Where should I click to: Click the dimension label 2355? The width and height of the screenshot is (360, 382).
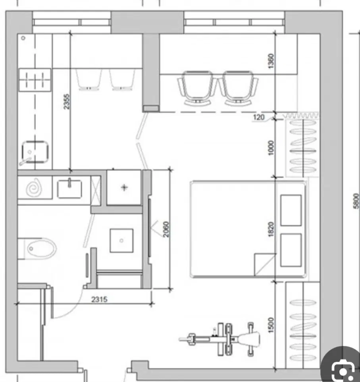pos(67,102)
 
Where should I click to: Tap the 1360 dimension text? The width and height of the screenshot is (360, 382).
pos(271,61)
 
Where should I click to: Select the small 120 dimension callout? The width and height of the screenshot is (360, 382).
pos(258,118)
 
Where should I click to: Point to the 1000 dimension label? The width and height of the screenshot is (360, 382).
pos(271,148)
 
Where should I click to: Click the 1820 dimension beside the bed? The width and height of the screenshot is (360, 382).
pos(271,229)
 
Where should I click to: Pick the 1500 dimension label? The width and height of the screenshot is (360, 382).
pos(271,325)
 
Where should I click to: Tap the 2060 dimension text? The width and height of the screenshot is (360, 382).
pos(166,229)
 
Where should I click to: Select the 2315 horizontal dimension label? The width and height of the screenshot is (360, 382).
pos(99,299)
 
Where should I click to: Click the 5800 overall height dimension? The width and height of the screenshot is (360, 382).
pos(356,201)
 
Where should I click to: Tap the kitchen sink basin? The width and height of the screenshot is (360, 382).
pos(35,152)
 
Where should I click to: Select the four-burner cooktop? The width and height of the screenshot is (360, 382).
pos(35,80)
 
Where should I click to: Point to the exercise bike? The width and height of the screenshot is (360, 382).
pos(219,339)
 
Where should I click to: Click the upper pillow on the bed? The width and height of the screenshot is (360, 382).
pos(291,210)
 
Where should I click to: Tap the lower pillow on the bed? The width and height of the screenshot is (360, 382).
pos(291,250)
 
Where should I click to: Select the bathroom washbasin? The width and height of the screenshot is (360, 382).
pos(70,189)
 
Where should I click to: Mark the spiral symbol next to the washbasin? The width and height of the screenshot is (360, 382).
pos(35,187)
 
